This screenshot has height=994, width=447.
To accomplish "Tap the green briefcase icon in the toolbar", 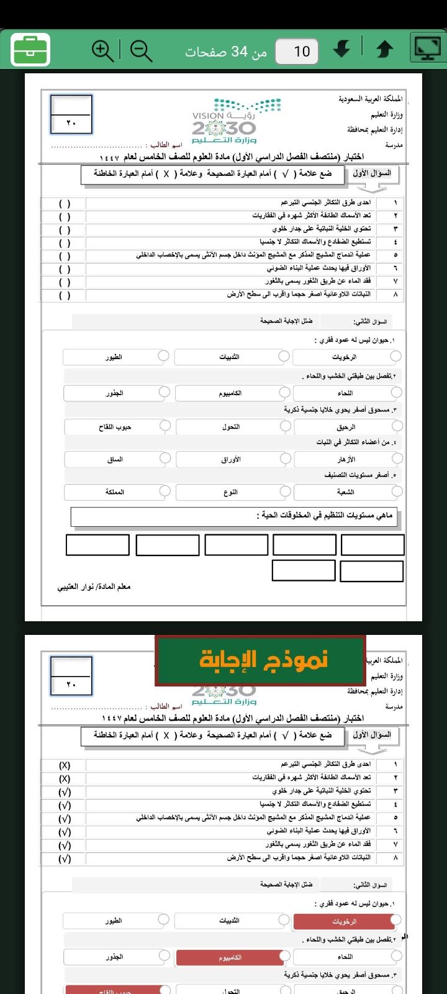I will coord(30,50).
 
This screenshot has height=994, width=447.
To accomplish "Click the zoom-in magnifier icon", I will coord(102,50).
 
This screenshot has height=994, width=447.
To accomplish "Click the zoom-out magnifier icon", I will coord(142,50).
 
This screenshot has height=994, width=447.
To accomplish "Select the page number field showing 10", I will coord(297,51).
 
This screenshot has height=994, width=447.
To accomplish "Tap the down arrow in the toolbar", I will coord(341,50).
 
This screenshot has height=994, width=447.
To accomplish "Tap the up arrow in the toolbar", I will coord(385,50).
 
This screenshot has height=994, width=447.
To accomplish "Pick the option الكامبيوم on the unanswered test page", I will coord(230,393).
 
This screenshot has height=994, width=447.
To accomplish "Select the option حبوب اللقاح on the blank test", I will coord(115,427).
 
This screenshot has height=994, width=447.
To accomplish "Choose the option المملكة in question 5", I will coord(115,492).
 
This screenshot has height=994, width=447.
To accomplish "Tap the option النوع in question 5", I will coord(230,492).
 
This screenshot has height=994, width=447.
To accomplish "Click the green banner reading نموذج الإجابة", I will coord(260,660).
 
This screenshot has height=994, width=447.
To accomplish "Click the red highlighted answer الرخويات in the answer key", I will coord(345,922).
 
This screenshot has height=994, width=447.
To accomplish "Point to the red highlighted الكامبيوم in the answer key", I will coord(230,957).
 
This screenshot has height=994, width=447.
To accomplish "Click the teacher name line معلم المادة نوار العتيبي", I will coord(94,586).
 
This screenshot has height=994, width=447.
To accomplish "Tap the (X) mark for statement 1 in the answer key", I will coord(65,765).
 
